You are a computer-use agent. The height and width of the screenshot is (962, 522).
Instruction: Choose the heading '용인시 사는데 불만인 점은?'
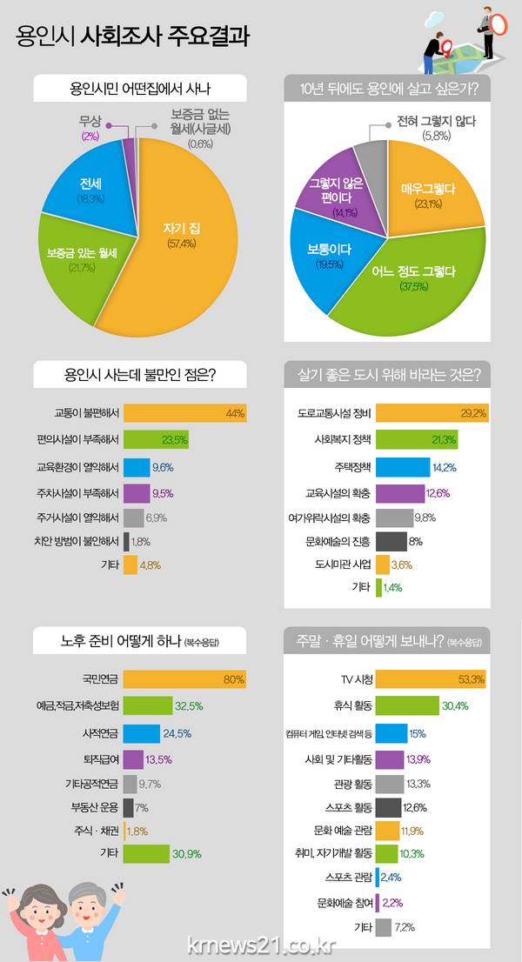[140, 376]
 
